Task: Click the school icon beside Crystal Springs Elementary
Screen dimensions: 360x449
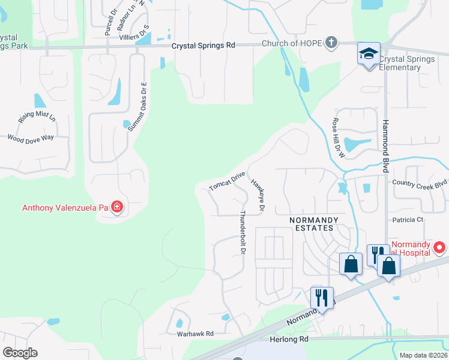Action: pyautogui.click(x=369, y=55)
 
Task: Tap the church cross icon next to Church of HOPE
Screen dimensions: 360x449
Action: pyautogui.click(x=331, y=43)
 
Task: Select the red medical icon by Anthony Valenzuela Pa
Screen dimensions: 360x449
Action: pyautogui.click(x=117, y=208)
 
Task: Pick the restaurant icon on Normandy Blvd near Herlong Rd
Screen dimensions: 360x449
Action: pyautogui.click(x=322, y=297)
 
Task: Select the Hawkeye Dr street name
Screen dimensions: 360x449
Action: pyautogui.click(x=258, y=195)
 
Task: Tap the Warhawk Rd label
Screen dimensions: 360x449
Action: pyautogui.click(x=195, y=334)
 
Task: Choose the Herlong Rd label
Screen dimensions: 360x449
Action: pyautogui.click(x=288, y=339)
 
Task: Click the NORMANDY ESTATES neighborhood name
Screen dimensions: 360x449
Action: pyautogui.click(x=311, y=224)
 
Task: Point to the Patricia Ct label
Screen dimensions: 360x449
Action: pyautogui.click(x=408, y=220)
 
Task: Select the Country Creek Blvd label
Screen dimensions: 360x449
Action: pyautogui.click(x=420, y=183)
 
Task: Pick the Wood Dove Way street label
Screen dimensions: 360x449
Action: pyautogui.click(x=30, y=138)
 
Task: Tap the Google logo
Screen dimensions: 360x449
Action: pyautogui.click(x=20, y=352)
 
